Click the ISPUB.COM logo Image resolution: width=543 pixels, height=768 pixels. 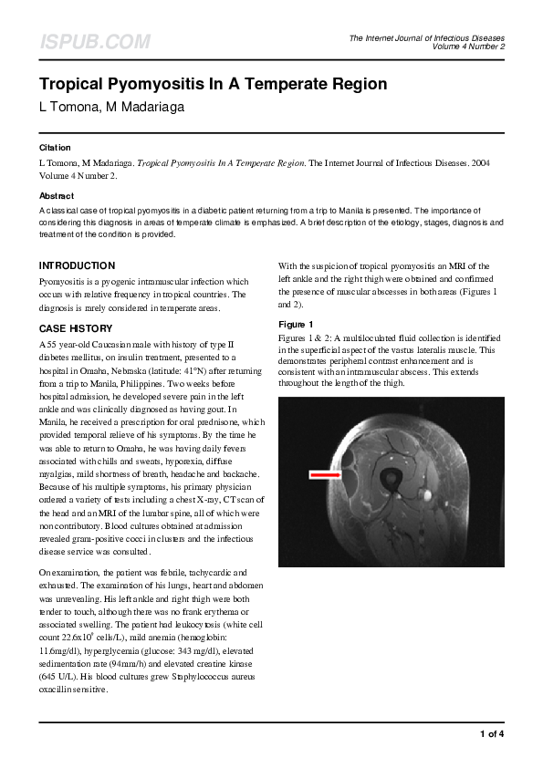(94, 42)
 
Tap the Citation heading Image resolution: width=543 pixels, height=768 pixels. (55, 147)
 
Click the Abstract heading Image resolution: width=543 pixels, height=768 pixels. (57, 196)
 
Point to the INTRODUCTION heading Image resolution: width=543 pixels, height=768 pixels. (77, 265)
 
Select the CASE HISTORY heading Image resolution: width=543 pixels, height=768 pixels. (76, 328)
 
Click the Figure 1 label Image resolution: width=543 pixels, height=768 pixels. (296, 325)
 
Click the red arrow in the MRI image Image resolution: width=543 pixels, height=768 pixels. (324, 474)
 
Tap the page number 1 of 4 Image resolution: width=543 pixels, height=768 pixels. (491, 733)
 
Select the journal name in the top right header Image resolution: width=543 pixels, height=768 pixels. (426, 37)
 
